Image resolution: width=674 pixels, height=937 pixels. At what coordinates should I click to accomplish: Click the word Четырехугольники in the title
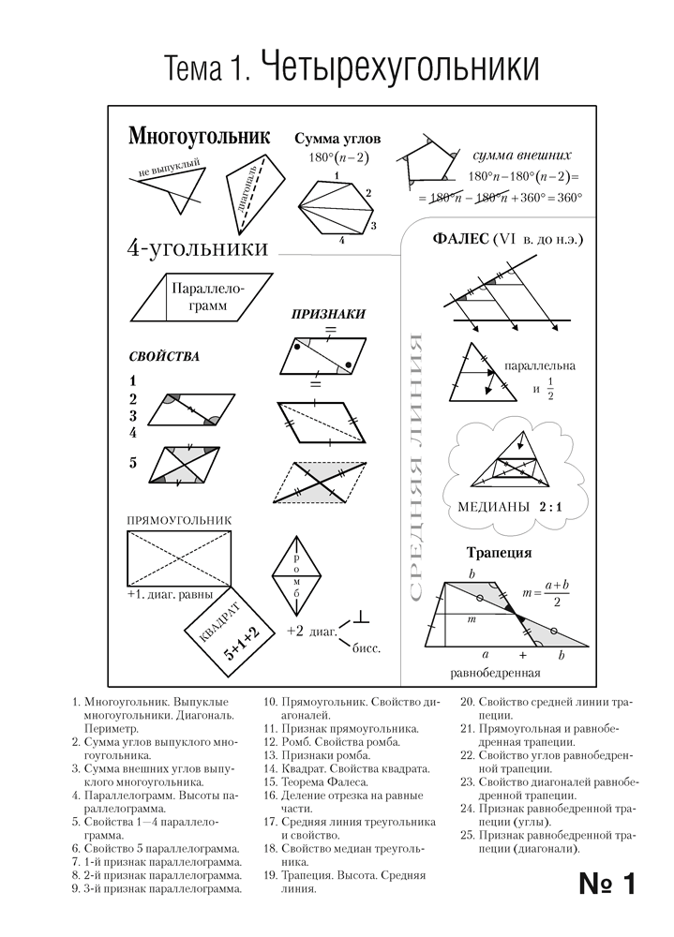[397, 69]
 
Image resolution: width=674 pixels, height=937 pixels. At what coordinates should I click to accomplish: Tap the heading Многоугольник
[198, 137]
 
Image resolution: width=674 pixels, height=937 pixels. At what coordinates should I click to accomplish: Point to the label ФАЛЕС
[459, 240]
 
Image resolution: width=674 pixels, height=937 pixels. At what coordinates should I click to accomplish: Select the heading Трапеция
[499, 552]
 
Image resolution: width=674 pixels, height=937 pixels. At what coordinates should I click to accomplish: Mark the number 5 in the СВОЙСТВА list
[133, 461]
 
